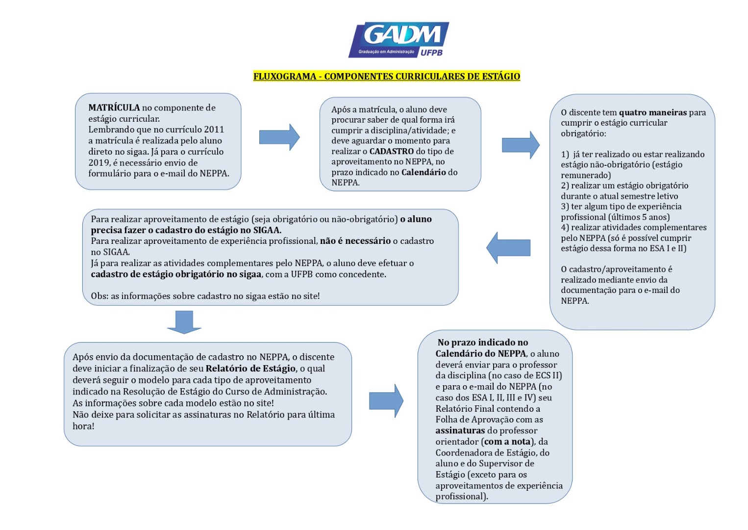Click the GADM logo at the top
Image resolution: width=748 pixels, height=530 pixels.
tap(398, 39)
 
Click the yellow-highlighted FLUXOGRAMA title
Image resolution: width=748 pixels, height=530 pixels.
tap(386, 76)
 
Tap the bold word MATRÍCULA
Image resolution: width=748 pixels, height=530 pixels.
tap(114, 107)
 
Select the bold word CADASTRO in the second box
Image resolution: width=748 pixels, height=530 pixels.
tap(391, 151)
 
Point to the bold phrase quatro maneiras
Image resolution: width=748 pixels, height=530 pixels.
tap(652, 112)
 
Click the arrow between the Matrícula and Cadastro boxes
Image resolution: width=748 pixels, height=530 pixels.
tap(279, 137)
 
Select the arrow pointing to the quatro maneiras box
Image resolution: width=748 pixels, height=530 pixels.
tap(520, 145)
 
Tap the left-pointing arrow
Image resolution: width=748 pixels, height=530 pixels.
tap(508, 248)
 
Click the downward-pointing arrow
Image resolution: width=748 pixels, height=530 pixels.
tap(184, 322)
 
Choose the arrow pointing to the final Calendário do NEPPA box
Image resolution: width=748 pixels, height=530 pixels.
tap(386, 400)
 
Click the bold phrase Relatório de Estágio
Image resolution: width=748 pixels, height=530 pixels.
tap(250, 369)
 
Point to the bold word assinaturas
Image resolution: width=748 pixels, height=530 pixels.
tap(460, 431)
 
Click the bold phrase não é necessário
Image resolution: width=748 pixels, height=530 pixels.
tap(355, 241)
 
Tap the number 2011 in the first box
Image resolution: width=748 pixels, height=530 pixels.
tap(214, 130)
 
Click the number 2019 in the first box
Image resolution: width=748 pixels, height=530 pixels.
tap(99, 162)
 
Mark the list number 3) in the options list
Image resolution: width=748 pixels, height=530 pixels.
tap(565, 207)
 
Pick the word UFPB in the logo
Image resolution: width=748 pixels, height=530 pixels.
tap(431, 52)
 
